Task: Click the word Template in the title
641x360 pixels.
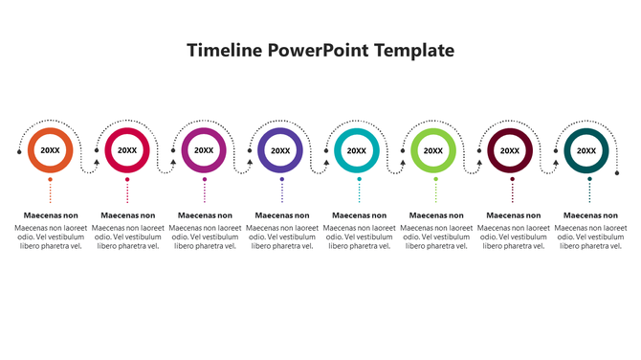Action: (414, 51)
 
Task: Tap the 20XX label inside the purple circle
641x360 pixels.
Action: (280, 150)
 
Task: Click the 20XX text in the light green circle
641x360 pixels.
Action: (433, 150)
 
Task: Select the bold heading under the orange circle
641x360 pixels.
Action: (50, 215)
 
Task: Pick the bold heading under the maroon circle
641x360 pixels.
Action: (513, 215)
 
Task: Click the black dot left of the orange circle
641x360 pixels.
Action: (19, 150)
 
